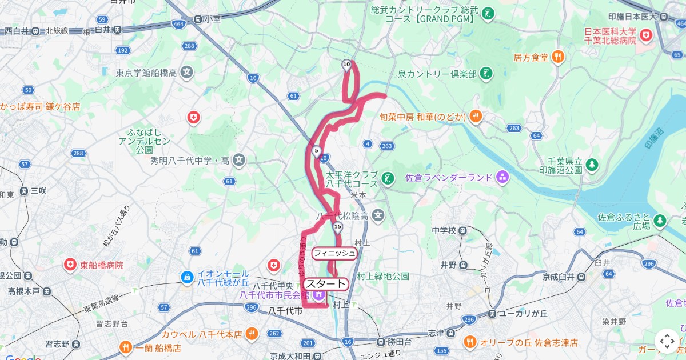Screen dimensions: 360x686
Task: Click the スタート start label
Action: (326, 284)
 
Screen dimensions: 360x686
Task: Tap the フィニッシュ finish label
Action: (334, 253)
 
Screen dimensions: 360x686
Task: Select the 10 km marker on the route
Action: (346, 65)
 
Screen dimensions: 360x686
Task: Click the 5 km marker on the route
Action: (316, 151)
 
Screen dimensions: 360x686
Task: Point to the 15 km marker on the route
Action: (338, 227)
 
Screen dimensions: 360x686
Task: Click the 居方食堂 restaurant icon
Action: (558, 57)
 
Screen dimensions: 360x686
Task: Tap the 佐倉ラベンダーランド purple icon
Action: (502, 177)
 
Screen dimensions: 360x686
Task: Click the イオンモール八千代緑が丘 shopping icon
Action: (186, 277)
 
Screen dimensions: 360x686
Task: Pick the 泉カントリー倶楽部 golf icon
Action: (486, 74)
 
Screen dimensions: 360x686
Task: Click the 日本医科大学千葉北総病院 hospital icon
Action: (647, 35)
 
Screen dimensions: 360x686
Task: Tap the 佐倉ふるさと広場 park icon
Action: (660, 220)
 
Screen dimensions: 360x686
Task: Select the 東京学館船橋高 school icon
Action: (186, 73)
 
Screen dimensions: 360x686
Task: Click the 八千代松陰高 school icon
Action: (377, 215)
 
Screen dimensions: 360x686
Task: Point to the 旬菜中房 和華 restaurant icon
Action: (476, 117)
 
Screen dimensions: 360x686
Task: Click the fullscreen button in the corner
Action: (667, 341)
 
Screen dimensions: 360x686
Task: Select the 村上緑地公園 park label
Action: (383, 276)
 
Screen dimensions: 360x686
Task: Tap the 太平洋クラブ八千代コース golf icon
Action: (388, 179)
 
